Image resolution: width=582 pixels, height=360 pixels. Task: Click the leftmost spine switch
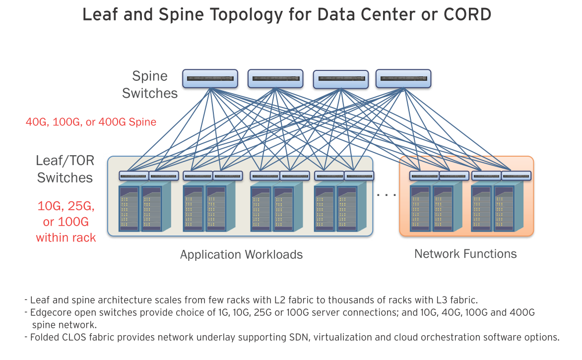pyautogui.click(x=210, y=79)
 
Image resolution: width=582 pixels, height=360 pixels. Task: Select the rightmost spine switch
pyautogui.click(x=403, y=79)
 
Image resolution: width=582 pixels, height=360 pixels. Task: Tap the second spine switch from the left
pyautogui.click(x=275, y=79)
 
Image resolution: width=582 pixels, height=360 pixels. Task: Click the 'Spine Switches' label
pyautogui.click(x=150, y=85)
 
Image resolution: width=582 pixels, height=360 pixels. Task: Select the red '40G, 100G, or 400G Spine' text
pyautogui.click(x=91, y=122)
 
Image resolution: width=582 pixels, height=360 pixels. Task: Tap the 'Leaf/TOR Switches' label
pyautogui.click(x=65, y=169)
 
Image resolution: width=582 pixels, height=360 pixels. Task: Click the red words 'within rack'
pyautogui.click(x=65, y=238)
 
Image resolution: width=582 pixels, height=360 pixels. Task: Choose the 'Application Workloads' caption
pyautogui.click(x=241, y=255)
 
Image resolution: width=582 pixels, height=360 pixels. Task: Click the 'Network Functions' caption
pyautogui.click(x=465, y=254)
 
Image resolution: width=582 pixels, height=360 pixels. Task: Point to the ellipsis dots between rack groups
pyautogui.click(x=386, y=194)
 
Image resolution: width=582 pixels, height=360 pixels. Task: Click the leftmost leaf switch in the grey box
pyautogui.click(x=133, y=176)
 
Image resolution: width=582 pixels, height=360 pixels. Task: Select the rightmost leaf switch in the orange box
pyautogui.click(x=517, y=176)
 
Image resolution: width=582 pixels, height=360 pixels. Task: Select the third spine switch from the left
pyautogui.click(x=341, y=79)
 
